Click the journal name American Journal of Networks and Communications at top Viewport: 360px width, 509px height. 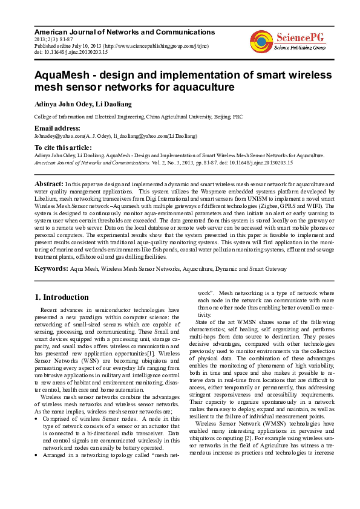[x=125, y=32]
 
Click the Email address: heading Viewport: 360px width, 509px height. [x=57, y=128]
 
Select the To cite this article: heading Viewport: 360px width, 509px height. [x=63, y=148]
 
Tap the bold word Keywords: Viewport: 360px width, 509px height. [x=51, y=268]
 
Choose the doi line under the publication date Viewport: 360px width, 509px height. [x=71, y=53]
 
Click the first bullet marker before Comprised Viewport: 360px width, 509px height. [x=37, y=401]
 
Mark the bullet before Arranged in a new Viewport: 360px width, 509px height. [x=37, y=438]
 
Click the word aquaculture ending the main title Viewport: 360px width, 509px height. [x=200, y=88]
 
